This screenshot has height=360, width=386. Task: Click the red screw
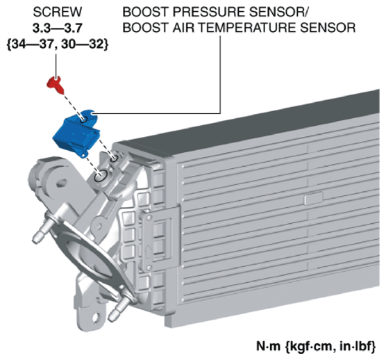pos(56,85)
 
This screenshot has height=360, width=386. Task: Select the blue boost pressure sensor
pos(76,133)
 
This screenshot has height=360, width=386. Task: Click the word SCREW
pos(58,12)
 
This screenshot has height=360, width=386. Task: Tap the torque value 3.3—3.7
pos(58,28)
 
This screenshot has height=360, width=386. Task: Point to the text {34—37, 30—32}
pos(58,44)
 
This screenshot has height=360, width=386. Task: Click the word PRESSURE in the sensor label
pos(208,12)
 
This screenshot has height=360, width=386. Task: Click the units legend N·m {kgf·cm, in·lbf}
pos(316,346)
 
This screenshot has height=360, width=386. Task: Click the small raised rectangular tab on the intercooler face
pos(313,199)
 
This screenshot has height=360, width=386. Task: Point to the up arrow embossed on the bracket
pos(148,252)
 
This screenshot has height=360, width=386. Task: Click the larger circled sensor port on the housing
pos(101,176)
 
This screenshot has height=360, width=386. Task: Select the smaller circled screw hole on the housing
pos(114,158)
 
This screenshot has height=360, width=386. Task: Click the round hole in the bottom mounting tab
pos(96,318)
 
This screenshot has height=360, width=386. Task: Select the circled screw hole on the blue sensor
pos(84,120)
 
